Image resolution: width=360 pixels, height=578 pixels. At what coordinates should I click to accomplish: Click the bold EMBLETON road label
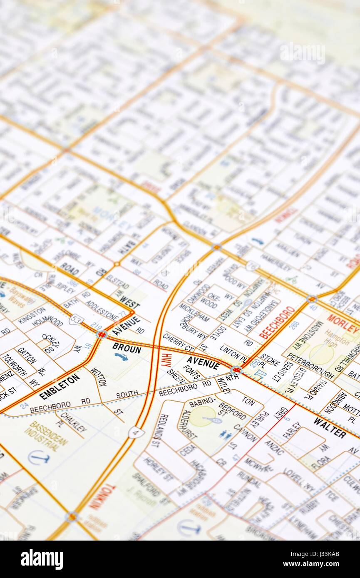pos(60,386)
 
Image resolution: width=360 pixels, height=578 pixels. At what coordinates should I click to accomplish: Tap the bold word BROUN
pos(127,348)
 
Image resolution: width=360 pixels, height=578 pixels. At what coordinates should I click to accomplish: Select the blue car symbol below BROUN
pos(121,357)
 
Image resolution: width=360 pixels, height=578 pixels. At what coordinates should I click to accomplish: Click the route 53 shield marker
pos(76,320)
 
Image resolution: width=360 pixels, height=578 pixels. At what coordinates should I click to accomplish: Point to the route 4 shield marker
pos(136,432)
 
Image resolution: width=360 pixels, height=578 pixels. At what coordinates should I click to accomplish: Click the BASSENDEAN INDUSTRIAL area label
pos(46,435)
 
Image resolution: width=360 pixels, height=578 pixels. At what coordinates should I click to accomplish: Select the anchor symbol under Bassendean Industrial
pos(39,458)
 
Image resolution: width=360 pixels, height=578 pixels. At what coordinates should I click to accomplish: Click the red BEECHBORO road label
pos(277,322)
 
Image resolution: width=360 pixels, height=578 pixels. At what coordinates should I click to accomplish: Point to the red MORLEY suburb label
pos(343,324)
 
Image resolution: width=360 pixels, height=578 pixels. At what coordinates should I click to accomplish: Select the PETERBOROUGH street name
pos(310,366)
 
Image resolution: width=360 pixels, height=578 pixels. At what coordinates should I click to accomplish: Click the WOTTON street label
pos(98,377)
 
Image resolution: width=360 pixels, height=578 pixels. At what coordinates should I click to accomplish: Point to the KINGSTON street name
pos(32,315)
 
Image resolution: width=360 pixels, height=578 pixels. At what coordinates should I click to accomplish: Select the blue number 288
pos(294,325)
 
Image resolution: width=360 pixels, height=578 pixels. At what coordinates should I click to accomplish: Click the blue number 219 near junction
pos(96,326)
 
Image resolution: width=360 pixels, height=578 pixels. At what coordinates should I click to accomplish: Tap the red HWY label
pos(166,359)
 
